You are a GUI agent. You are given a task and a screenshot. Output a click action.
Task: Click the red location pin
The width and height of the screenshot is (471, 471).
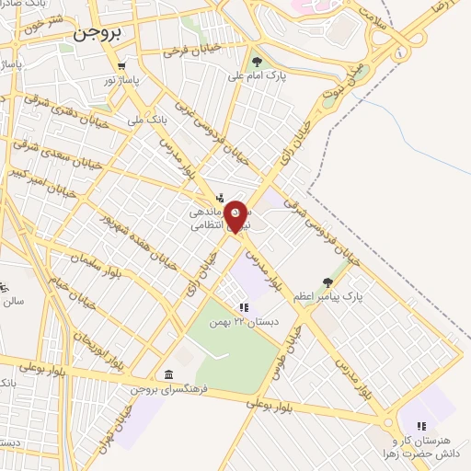236,216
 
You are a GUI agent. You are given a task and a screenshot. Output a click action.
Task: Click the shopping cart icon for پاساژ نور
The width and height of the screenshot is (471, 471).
122,65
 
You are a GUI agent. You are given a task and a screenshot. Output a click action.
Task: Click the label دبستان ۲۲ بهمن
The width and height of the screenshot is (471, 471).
243,322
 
